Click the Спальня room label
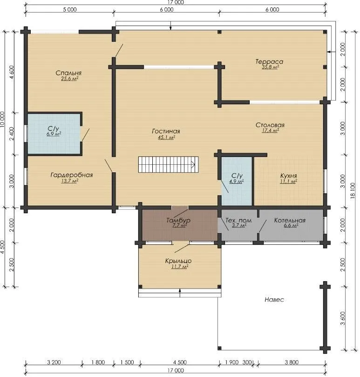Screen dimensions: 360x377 68,73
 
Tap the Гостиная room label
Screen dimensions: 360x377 166,131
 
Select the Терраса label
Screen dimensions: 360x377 269,62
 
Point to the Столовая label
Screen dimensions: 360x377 270,125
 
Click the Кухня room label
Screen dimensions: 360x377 289,176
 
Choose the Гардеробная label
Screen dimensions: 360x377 71,175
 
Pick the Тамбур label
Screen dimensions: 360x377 178,220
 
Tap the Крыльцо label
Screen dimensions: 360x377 178,261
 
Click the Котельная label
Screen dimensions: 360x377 290,220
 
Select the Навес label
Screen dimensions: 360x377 274,300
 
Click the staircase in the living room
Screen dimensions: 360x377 168,164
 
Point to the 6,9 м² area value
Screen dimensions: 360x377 54,134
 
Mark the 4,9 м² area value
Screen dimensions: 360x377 237,182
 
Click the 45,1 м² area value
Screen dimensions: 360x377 166,137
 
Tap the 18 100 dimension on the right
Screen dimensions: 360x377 353,191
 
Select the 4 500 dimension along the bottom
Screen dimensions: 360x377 180,362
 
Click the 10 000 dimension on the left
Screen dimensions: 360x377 2,119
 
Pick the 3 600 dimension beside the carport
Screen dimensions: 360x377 343,318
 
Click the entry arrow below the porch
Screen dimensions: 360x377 180,293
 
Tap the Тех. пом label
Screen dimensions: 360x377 238,220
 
